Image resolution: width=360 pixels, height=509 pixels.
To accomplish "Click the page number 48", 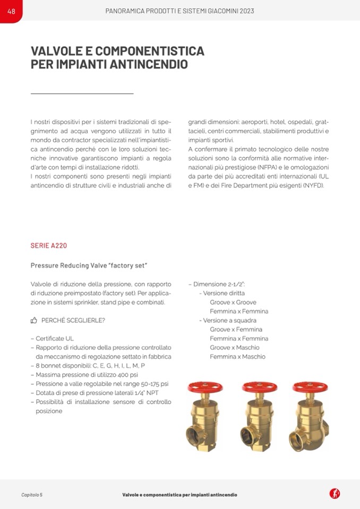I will pos(11,11).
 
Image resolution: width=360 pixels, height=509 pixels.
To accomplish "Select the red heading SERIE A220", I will pos(49,246).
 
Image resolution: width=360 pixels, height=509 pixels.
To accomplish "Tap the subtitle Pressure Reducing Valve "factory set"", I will pos(89,265).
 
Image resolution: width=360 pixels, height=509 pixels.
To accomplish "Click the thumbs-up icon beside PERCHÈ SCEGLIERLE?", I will pos(34,321).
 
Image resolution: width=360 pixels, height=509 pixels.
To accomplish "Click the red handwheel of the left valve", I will pos(205,387).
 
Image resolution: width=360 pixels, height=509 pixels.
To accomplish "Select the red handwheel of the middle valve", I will pos(259,387).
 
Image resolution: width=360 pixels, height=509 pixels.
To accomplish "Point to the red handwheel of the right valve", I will pos(310,387).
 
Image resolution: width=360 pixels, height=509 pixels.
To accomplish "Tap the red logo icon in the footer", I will pos(335,494).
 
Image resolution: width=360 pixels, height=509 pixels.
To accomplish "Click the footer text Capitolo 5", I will pos(32,494).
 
